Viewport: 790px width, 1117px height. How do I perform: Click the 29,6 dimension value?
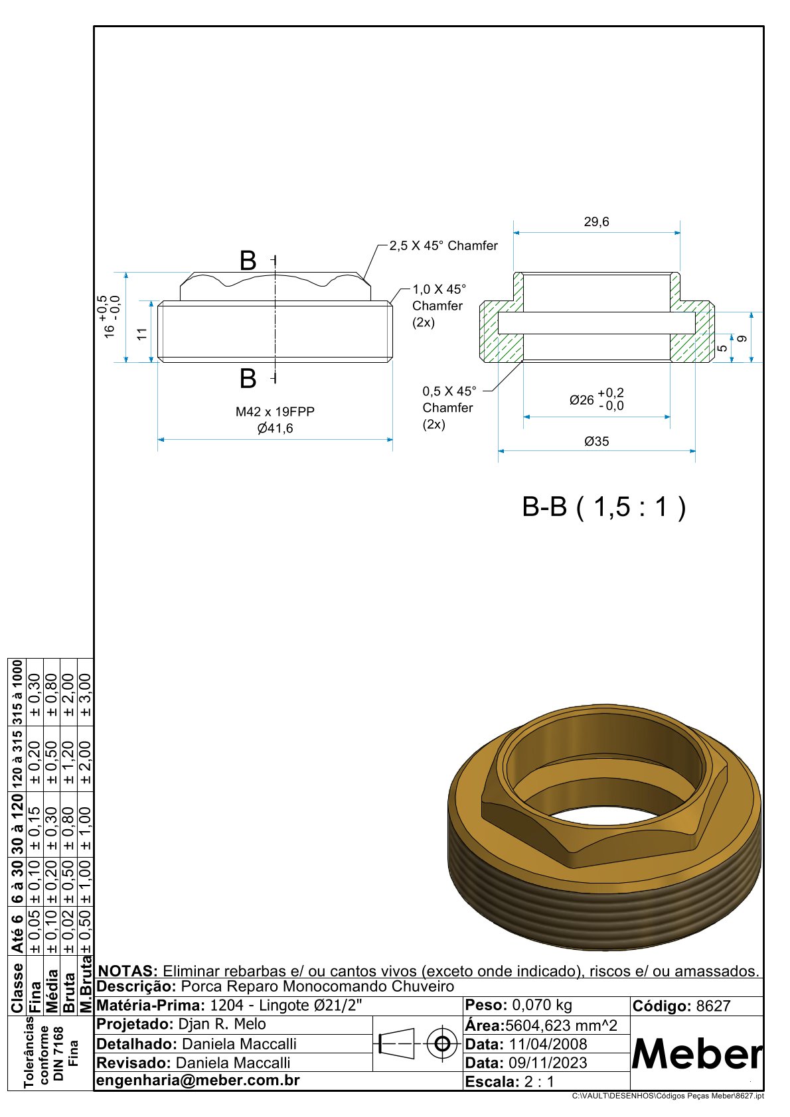click(596, 222)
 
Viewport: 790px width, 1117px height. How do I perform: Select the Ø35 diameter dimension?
click(596, 441)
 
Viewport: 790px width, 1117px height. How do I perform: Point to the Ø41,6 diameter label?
click(275, 428)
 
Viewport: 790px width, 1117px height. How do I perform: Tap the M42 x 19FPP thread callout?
click(275, 411)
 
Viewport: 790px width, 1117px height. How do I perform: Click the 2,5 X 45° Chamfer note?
click(443, 245)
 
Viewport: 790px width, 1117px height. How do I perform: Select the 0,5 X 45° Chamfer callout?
click(448, 407)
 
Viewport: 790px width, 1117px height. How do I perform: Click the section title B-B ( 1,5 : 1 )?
click(604, 507)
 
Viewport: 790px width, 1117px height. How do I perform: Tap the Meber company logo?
click(696, 1053)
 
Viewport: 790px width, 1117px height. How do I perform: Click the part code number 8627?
click(713, 1006)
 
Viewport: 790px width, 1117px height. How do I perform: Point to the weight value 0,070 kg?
click(542, 1005)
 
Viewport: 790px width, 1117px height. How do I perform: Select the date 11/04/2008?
click(548, 1044)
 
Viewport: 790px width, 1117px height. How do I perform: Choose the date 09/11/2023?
click(548, 1063)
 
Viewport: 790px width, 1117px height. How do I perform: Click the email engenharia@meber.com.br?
click(198, 1080)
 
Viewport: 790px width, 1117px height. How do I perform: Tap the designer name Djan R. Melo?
click(222, 1024)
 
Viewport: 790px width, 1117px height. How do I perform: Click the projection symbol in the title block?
click(417, 1045)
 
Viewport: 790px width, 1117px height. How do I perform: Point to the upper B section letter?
click(248, 261)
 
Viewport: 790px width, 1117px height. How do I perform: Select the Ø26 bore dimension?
click(596, 400)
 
